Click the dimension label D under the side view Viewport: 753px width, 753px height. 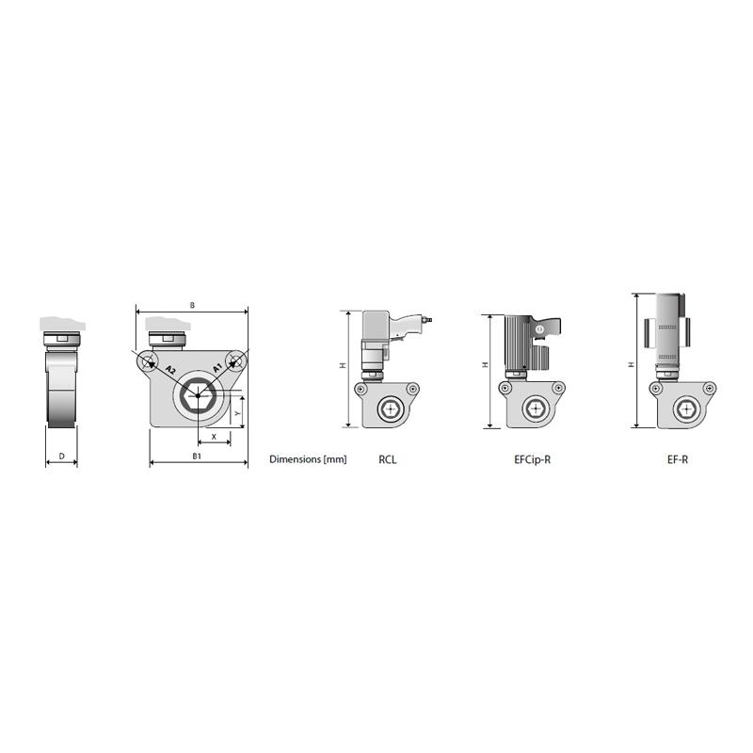(61, 456)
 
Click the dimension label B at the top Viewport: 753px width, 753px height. (192, 306)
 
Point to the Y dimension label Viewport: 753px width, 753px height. (238, 411)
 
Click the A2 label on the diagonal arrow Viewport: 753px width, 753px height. (169, 369)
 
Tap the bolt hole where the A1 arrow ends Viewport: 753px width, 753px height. (235, 360)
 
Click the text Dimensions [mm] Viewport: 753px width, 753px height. (308, 460)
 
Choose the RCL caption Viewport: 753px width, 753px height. (387, 460)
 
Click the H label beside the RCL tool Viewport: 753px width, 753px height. (344, 365)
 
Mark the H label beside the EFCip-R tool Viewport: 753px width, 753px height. (485, 365)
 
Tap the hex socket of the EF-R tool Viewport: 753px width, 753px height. (684, 409)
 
